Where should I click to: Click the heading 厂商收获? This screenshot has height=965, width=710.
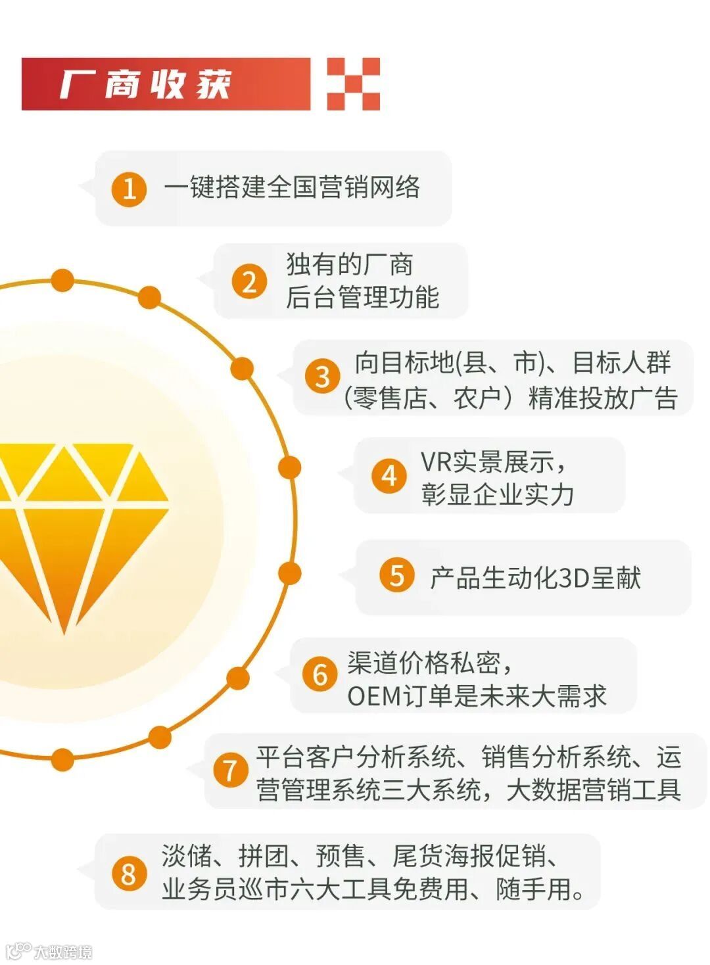(x=146, y=84)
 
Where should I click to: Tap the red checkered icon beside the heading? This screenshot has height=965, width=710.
(x=354, y=83)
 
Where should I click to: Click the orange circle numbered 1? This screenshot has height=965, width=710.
(x=129, y=189)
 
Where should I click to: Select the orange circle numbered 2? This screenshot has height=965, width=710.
(x=249, y=281)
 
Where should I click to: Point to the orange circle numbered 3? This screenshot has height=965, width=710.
(x=322, y=377)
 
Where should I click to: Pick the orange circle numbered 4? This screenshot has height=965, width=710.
(x=389, y=475)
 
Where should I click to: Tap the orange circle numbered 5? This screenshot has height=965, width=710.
(x=397, y=575)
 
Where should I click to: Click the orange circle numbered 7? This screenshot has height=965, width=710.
(x=229, y=770)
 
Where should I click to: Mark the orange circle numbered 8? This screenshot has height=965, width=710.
(x=128, y=874)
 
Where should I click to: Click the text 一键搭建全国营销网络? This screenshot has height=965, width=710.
(x=292, y=188)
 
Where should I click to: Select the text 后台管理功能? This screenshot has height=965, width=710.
(x=362, y=297)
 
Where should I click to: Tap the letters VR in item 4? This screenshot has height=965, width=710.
(x=435, y=461)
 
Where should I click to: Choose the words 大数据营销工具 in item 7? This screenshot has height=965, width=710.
(x=594, y=789)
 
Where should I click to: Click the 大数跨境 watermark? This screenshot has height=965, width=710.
(x=62, y=951)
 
